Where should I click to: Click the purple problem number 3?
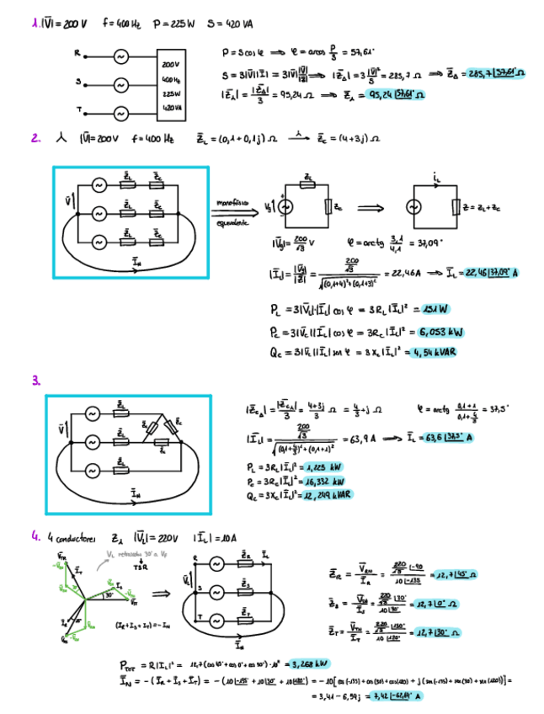point(36,381)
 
